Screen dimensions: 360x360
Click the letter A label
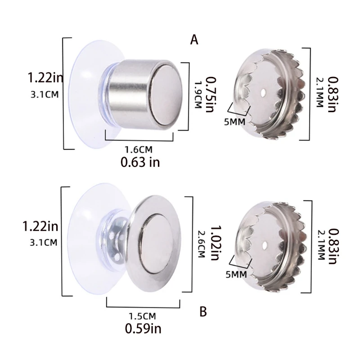point(194,40)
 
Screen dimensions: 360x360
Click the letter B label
point(203,312)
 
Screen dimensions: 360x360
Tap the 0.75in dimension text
point(211,94)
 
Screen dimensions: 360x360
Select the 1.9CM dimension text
point(198,95)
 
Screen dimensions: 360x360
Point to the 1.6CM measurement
point(139,150)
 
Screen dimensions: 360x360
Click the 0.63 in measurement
point(140,162)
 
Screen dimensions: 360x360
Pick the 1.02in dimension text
point(216,243)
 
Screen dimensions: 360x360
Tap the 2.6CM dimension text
point(201,244)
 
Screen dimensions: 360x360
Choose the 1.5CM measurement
point(142,316)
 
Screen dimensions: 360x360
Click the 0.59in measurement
point(143,328)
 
